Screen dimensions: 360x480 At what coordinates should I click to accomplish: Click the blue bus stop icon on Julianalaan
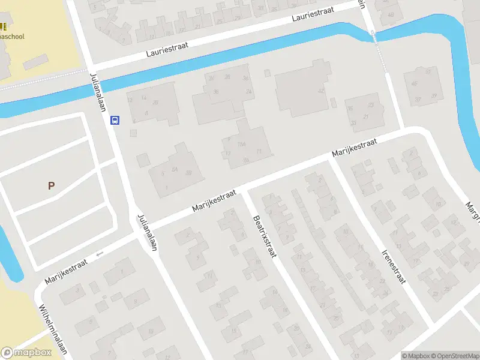(x=115, y=120)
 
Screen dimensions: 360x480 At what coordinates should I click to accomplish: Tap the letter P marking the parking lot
(x=51, y=186)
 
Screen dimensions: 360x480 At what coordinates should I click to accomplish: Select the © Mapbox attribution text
(x=417, y=356)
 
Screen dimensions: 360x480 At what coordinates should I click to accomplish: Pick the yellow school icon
(x=3, y=26)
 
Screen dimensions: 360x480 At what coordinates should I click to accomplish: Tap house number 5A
(x=175, y=170)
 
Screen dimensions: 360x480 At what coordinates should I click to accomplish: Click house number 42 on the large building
(x=321, y=91)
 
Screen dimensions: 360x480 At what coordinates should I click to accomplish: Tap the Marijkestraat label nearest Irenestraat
(x=355, y=149)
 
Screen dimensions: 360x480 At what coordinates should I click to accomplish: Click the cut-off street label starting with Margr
(x=472, y=211)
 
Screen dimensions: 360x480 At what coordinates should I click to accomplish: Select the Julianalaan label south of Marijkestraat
(x=147, y=233)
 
